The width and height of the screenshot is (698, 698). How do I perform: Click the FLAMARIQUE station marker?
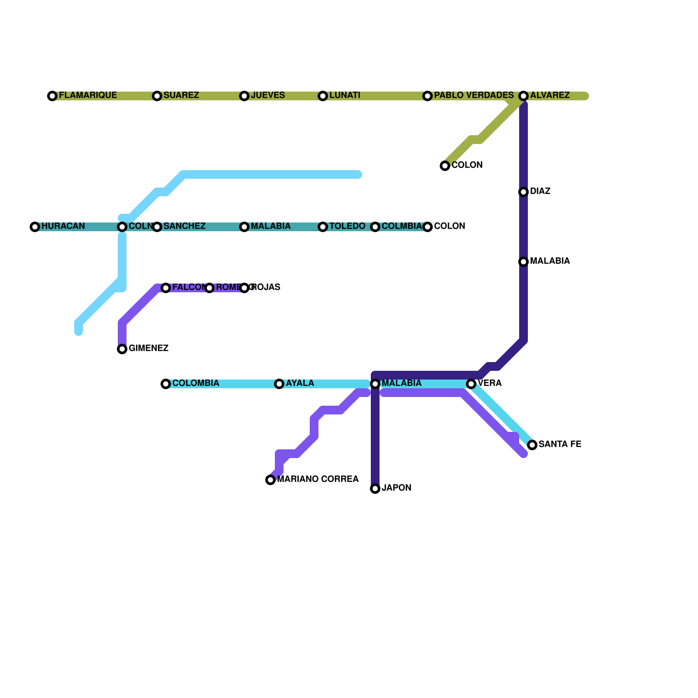[x=52, y=96]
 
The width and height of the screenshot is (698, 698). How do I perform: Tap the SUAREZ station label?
[x=181, y=96]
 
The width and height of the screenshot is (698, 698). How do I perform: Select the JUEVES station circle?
[x=244, y=96]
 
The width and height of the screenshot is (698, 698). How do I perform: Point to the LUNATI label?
[x=345, y=96]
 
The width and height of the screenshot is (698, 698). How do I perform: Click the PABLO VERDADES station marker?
[x=428, y=96]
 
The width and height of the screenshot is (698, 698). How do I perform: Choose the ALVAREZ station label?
[x=550, y=96]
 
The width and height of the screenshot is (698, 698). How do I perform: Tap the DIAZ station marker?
[x=523, y=192]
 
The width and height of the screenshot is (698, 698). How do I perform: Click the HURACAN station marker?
[x=35, y=227]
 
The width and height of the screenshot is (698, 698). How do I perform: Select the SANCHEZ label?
[x=184, y=226]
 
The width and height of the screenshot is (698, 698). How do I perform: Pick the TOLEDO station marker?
[x=323, y=227]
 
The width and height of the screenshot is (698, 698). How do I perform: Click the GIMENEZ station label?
[x=148, y=349]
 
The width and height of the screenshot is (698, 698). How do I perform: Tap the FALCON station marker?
[x=166, y=288]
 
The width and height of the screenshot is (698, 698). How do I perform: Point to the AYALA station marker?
[x=279, y=384]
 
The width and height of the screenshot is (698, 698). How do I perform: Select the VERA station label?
[x=489, y=383]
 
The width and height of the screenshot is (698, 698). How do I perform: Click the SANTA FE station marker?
[x=532, y=445]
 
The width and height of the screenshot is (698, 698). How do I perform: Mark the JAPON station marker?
[x=375, y=489]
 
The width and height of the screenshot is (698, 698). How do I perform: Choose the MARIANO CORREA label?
[x=318, y=479]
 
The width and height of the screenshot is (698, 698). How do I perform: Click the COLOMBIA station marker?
[x=166, y=384]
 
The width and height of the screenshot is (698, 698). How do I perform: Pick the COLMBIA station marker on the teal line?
[x=375, y=227]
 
